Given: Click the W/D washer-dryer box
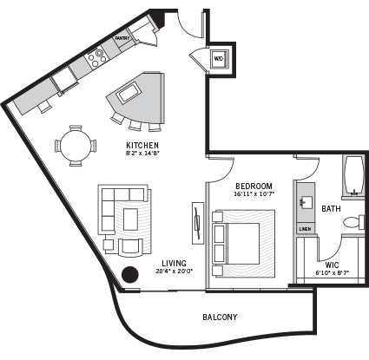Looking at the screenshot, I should (x=218, y=59).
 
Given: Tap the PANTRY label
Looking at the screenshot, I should (x=122, y=38).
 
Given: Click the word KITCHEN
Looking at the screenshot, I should (x=142, y=145).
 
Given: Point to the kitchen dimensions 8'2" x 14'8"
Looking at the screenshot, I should (x=142, y=154).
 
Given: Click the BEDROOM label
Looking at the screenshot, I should (x=254, y=186).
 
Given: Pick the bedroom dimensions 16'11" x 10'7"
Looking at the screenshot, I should (x=254, y=194).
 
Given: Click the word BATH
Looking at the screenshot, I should (x=331, y=208).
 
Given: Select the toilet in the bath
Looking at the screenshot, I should (x=352, y=223).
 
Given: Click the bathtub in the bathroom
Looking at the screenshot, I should (x=355, y=175).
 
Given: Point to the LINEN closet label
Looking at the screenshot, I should (x=305, y=229).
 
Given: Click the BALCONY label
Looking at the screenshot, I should (x=220, y=317).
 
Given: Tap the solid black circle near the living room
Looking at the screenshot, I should (x=131, y=275).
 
